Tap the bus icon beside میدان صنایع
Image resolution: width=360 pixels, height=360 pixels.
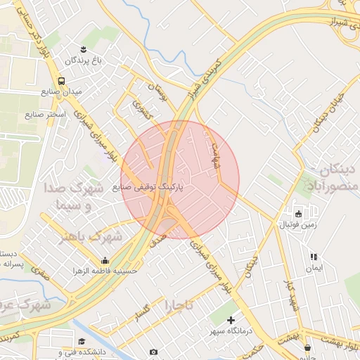pos(62,81)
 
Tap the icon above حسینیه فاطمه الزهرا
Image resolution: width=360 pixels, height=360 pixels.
pos(105,260)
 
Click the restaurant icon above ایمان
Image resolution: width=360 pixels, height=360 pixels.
pos(314,257)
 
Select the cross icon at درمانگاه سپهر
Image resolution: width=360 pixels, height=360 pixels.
pos(231,320)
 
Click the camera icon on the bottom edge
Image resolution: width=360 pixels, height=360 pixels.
pos(153,352)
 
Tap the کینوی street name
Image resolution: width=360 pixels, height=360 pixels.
pos(141,109)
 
